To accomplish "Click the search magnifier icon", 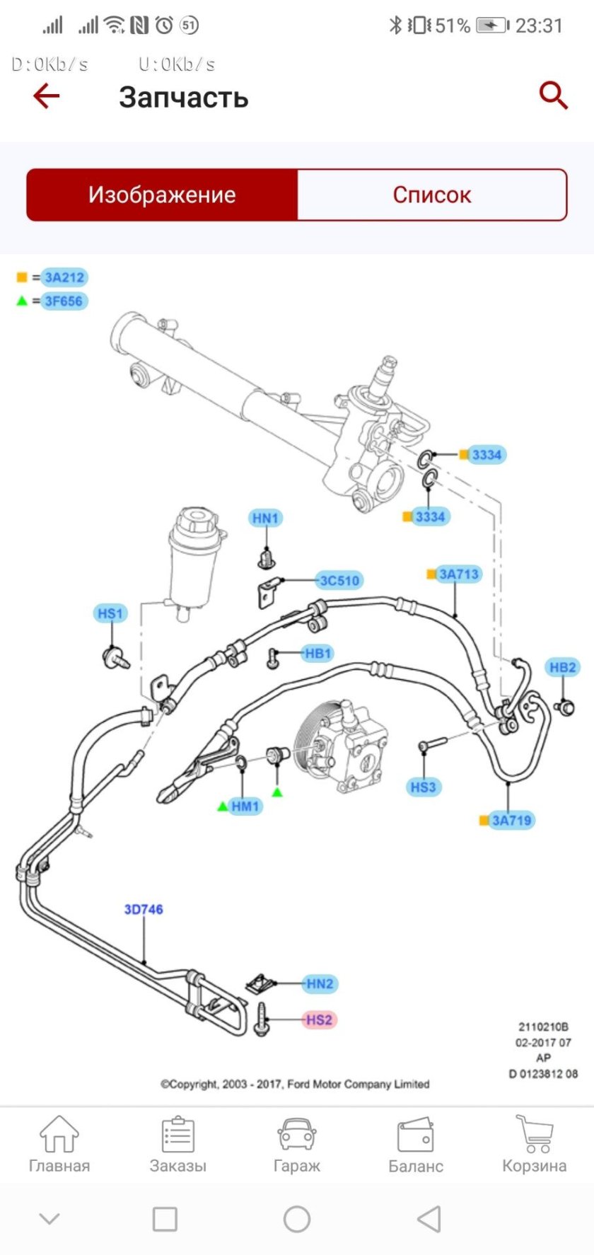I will coord(553,95).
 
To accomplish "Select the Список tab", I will coord(432,195).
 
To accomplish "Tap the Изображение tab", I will coord(162,195).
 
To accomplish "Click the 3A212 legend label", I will coord(64,277).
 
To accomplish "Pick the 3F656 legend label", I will coord(64,301).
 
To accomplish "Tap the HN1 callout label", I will coord(266,519).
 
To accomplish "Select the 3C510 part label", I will coord(340,581).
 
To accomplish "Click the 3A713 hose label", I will coord(458,574).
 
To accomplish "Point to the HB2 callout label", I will coord(563,667).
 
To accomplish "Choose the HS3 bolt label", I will coord(424,787).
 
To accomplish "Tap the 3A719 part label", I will coord(511,821).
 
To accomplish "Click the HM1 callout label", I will coord(245,806).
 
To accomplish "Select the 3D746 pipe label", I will coord(144,910).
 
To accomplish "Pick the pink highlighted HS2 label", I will coord(319,1019).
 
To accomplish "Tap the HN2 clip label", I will coord(320,983).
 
